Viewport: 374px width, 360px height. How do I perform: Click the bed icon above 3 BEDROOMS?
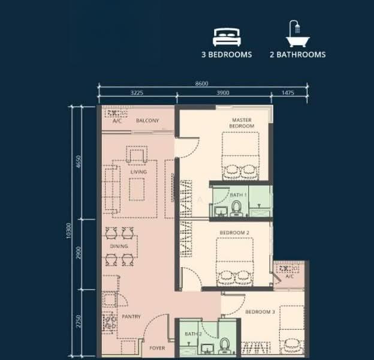[227, 37]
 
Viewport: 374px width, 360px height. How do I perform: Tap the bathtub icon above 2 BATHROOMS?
[298, 34]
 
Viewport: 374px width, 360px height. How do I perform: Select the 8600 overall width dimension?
[201, 83]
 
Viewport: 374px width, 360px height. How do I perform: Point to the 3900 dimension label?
[223, 92]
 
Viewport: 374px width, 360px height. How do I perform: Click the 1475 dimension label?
[288, 92]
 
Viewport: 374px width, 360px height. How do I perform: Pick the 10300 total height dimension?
[69, 231]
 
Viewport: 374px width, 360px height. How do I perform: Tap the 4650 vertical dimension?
[79, 161]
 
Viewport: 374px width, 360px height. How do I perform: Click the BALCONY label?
[147, 121]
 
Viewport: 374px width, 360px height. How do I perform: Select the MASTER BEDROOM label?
[242, 123]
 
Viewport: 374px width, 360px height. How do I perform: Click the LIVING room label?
[138, 172]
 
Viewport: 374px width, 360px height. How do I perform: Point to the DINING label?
[119, 246]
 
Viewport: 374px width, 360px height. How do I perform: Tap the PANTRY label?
[131, 317]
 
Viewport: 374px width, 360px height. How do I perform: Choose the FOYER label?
[157, 348]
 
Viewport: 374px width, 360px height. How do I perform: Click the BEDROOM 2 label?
[234, 233]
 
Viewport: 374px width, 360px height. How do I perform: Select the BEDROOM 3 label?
[260, 312]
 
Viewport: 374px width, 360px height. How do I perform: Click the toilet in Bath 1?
[236, 208]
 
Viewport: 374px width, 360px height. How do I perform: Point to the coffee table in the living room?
[137, 190]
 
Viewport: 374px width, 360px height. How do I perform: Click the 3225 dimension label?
[137, 92]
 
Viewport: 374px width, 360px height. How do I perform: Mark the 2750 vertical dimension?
[79, 322]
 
